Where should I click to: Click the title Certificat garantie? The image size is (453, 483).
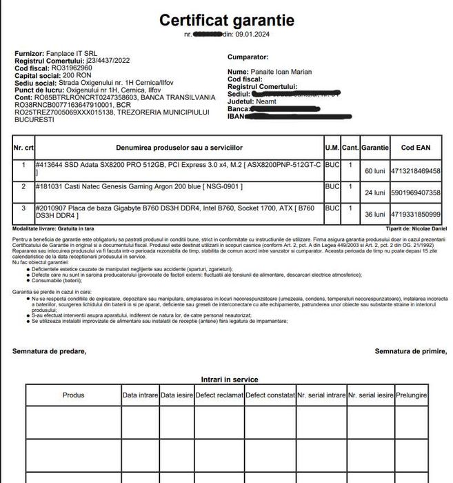[x=226, y=20]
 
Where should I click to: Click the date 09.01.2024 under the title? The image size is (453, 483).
[x=256, y=34]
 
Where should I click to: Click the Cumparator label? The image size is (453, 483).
[x=248, y=57]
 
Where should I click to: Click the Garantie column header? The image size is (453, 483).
[x=375, y=148]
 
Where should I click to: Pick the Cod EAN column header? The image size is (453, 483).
[x=416, y=148]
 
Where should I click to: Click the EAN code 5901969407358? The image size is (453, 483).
[x=416, y=193]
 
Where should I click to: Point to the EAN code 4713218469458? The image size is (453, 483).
[x=416, y=170]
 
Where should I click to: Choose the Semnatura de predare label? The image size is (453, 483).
[x=50, y=351]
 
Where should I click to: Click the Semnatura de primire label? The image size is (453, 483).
[x=410, y=351]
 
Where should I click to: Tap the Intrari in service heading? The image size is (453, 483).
[x=230, y=379]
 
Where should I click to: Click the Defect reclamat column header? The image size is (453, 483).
[x=219, y=395]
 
